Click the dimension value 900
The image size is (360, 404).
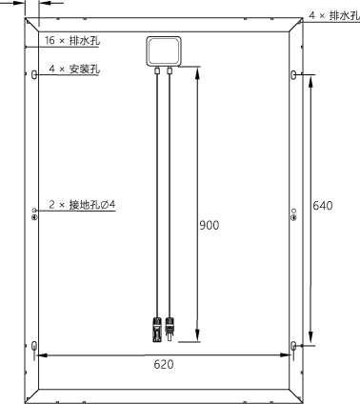click(x=209, y=225)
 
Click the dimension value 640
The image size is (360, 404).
click(x=323, y=206)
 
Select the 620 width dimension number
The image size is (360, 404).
click(x=164, y=364)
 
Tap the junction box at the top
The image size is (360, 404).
click(x=164, y=51)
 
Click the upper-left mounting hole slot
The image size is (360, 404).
click(x=34, y=75)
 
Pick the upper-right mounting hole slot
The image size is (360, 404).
click(x=293, y=75)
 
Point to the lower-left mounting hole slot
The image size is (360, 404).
click(x=34, y=346)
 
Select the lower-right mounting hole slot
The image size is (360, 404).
click(x=293, y=346)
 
